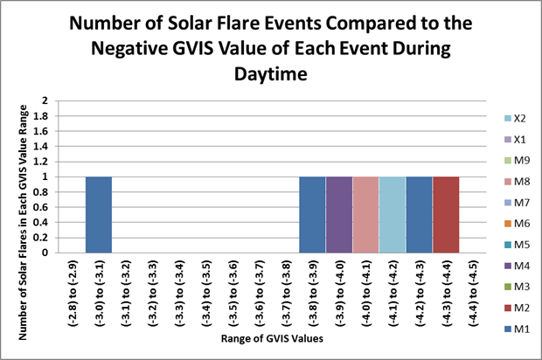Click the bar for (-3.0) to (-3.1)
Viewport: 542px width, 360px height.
click(99, 215)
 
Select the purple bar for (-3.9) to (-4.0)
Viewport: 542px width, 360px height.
click(339, 215)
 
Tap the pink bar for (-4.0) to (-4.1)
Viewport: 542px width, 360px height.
click(365, 215)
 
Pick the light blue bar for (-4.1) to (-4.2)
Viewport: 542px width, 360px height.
click(393, 215)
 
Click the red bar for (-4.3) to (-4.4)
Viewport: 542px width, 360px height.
click(446, 215)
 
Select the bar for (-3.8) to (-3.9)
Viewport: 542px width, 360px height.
click(312, 215)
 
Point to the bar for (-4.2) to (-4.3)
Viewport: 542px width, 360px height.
click(420, 215)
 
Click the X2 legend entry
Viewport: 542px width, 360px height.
click(515, 119)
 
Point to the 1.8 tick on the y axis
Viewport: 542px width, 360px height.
click(41, 116)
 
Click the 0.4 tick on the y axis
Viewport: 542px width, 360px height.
click(41, 223)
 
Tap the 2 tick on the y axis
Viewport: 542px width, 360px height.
click(45, 100)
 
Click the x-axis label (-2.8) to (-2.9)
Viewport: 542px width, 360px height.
click(73, 294)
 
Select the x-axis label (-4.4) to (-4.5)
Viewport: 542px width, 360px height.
click(473, 294)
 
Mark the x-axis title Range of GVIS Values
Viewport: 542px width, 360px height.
click(272, 338)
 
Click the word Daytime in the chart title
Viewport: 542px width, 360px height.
click(271, 74)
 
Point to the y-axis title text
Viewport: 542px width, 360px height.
click(23, 223)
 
